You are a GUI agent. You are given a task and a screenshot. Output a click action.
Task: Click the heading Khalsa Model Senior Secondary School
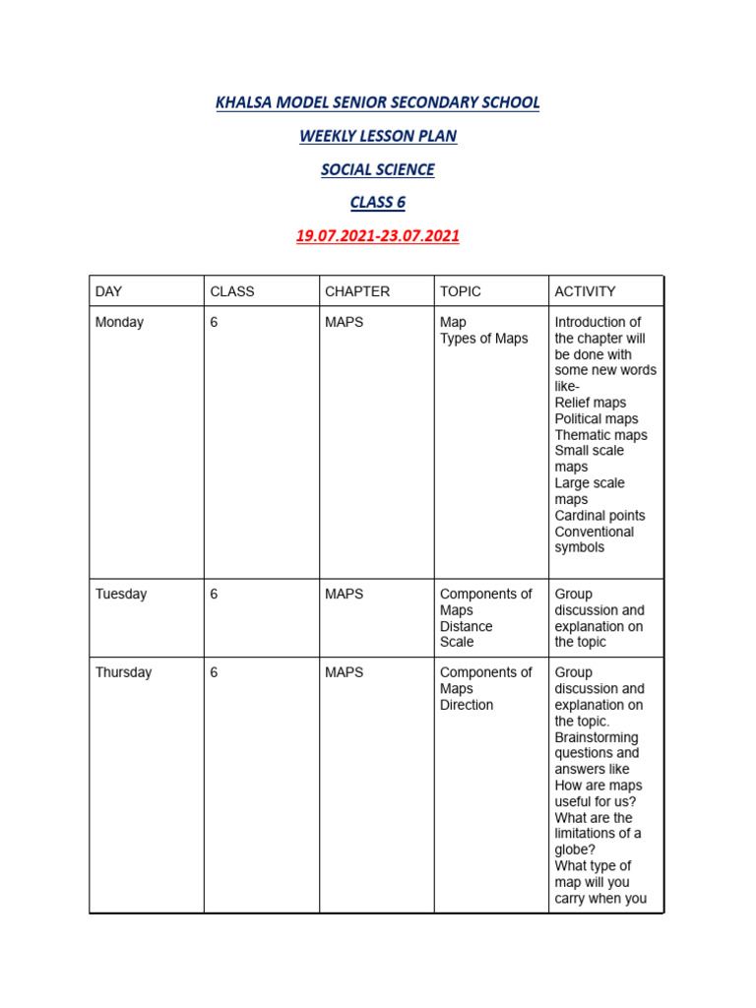pyautogui.click(x=378, y=102)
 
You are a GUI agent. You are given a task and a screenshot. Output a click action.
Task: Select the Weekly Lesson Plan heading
pyautogui.click(x=378, y=136)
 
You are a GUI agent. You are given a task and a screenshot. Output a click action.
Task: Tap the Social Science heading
pyautogui.click(x=378, y=169)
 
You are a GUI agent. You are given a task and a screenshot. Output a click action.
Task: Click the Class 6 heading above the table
pyautogui.click(x=378, y=203)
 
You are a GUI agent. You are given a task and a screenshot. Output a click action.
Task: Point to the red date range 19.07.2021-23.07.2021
pyautogui.click(x=378, y=236)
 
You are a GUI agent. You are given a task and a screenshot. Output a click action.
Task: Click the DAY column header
pyautogui.click(x=108, y=291)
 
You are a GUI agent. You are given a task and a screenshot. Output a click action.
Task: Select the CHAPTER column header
pyautogui.click(x=357, y=291)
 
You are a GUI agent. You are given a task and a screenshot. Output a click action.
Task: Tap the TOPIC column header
pyautogui.click(x=462, y=291)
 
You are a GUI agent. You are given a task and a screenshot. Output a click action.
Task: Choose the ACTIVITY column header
pyautogui.click(x=585, y=291)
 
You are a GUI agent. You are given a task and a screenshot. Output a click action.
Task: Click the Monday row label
pyautogui.click(x=119, y=322)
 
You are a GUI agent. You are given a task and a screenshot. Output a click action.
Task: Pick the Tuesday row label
pyautogui.click(x=121, y=594)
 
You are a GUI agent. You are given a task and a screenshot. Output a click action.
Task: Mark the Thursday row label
pyautogui.click(x=124, y=672)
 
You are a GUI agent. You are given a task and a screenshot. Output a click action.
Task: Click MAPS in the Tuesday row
pyautogui.click(x=344, y=594)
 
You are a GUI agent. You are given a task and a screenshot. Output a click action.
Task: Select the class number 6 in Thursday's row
pyautogui.click(x=214, y=672)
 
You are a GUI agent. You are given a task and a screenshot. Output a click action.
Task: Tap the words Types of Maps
pyautogui.click(x=483, y=339)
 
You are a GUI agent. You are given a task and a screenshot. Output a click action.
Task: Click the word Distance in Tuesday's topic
pyautogui.click(x=467, y=626)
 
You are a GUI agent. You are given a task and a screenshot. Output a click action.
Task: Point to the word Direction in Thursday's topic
pyautogui.click(x=467, y=705)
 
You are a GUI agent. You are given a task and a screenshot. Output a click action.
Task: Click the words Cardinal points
pyautogui.click(x=600, y=515)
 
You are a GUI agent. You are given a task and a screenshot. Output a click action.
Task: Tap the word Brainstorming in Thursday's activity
pyautogui.click(x=597, y=737)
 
